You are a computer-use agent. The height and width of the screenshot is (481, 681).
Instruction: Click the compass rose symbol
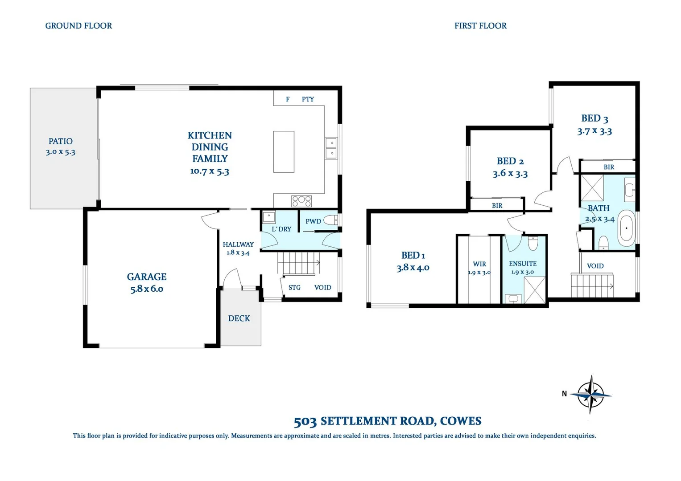click(x=591, y=394)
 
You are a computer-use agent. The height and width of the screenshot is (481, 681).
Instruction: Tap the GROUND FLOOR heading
click(x=78, y=26)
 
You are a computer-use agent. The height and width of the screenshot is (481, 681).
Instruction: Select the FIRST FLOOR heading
click(x=480, y=26)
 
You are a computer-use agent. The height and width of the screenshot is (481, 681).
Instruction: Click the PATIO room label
click(x=61, y=141)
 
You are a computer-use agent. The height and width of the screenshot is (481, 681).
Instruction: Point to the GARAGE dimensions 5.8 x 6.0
click(x=147, y=289)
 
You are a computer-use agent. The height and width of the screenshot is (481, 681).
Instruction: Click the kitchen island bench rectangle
click(x=284, y=151)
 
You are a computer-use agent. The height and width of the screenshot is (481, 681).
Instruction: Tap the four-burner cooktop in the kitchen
click(x=301, y=201)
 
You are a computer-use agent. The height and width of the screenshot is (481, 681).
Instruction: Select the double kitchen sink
click(x=331, y=148)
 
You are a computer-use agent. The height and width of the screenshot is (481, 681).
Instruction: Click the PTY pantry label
click(x=308, y=99)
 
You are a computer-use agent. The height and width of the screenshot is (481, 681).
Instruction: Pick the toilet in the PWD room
click(x=330, y=220)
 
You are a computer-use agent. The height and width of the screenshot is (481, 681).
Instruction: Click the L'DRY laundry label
click(x=281, y=229)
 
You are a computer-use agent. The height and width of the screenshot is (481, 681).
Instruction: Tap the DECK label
click(x=239, y=318)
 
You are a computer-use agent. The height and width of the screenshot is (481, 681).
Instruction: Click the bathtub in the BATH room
click(x=627, y=228)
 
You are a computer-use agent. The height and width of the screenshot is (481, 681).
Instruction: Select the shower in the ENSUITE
click(x=534, y=289)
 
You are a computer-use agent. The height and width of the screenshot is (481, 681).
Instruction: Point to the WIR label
click(x=479, y=264)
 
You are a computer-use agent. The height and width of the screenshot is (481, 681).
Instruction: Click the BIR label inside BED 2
click(x=497, y=206)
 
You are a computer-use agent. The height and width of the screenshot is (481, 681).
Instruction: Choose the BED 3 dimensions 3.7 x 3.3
click(x=594, y=131)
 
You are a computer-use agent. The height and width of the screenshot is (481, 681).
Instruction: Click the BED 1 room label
click(x=413, y=255)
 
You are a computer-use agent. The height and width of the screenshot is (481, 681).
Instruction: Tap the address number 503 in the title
click(x=305, y=421)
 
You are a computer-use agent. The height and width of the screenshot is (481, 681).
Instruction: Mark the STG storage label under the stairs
click(x=294, y=288)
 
